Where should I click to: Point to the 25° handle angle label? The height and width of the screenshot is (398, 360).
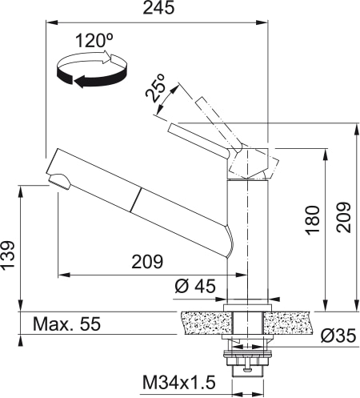pos(156,89)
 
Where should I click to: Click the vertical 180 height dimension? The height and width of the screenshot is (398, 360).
pos(312,217)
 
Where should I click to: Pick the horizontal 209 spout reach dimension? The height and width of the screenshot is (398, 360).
pos(146,262)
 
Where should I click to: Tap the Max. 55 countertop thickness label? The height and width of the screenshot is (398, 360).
pos(67,324)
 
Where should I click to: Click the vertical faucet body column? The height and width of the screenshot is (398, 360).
pos(246,240)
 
